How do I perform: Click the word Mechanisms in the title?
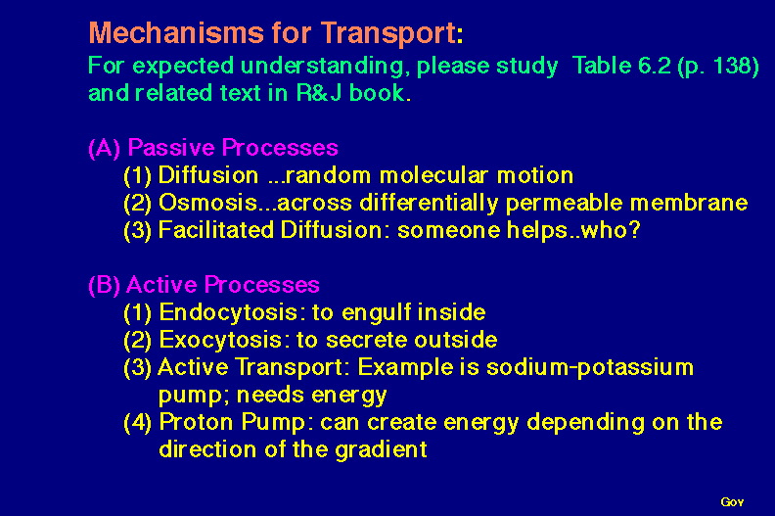[176, 33]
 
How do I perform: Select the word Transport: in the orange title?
[392, 34]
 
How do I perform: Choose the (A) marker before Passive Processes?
[105, 148]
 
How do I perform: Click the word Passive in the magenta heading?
[171, 148]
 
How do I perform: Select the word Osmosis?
[207, 203]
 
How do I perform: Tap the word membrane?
[689, 203]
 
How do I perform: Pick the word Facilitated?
[216, 230]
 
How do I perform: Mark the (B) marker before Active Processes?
[104, 285]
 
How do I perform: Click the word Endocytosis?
[229, 312]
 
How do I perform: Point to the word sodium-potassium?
[590, 367]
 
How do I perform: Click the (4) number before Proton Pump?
[137, 423]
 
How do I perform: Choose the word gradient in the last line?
[381, 450]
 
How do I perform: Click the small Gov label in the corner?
[732, 502]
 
